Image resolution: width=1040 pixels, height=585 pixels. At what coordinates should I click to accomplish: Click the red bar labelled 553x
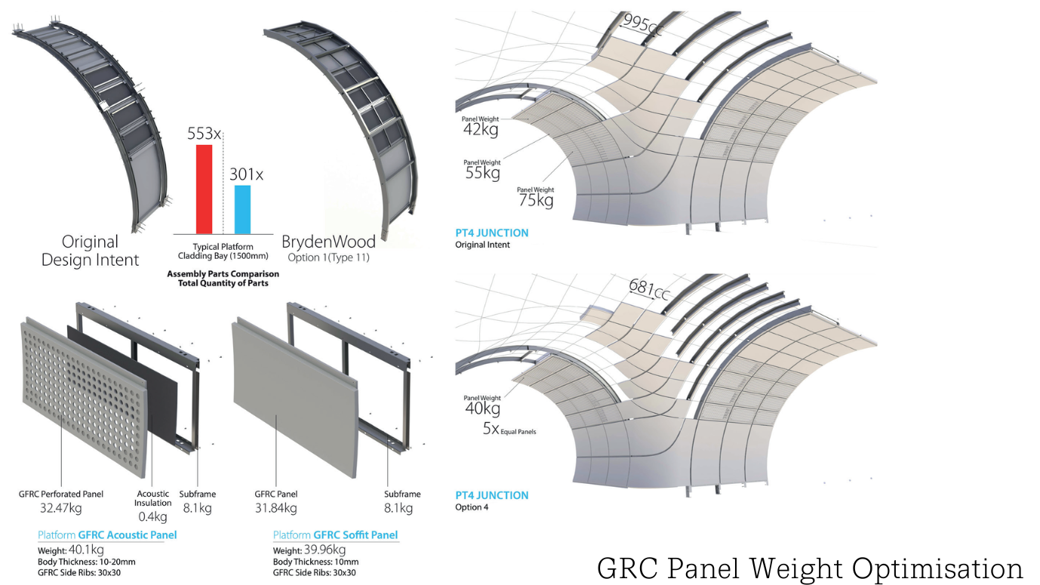tap(204, 189)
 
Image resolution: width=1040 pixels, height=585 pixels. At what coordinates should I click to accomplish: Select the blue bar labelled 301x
tap(242, 209)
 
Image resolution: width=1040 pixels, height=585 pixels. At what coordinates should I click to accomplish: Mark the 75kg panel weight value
tap(535, 200)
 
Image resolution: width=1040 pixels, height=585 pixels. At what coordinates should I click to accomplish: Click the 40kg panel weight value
tap(482, 408)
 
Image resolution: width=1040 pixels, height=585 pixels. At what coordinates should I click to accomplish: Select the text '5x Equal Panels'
tap(509, 430)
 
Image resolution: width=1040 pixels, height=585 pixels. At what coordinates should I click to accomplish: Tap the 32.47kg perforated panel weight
tap(60, 508)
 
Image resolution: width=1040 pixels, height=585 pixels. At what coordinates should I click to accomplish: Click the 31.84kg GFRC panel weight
tap(275, 508)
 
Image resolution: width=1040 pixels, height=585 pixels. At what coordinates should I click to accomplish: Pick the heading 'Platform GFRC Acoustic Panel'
tap(107, 535)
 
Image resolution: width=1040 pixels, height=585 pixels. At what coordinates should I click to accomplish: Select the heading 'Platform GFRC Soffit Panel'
tap(335, 535)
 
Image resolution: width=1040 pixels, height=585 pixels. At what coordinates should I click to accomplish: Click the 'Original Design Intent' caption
tap(90, 251)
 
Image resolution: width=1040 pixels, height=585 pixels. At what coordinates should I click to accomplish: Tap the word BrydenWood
tap(328, 242)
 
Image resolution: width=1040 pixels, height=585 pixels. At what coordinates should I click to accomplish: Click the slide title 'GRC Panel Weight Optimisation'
tap(810, 568)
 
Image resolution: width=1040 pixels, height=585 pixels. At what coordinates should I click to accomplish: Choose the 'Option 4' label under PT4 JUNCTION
tap(472, 507)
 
